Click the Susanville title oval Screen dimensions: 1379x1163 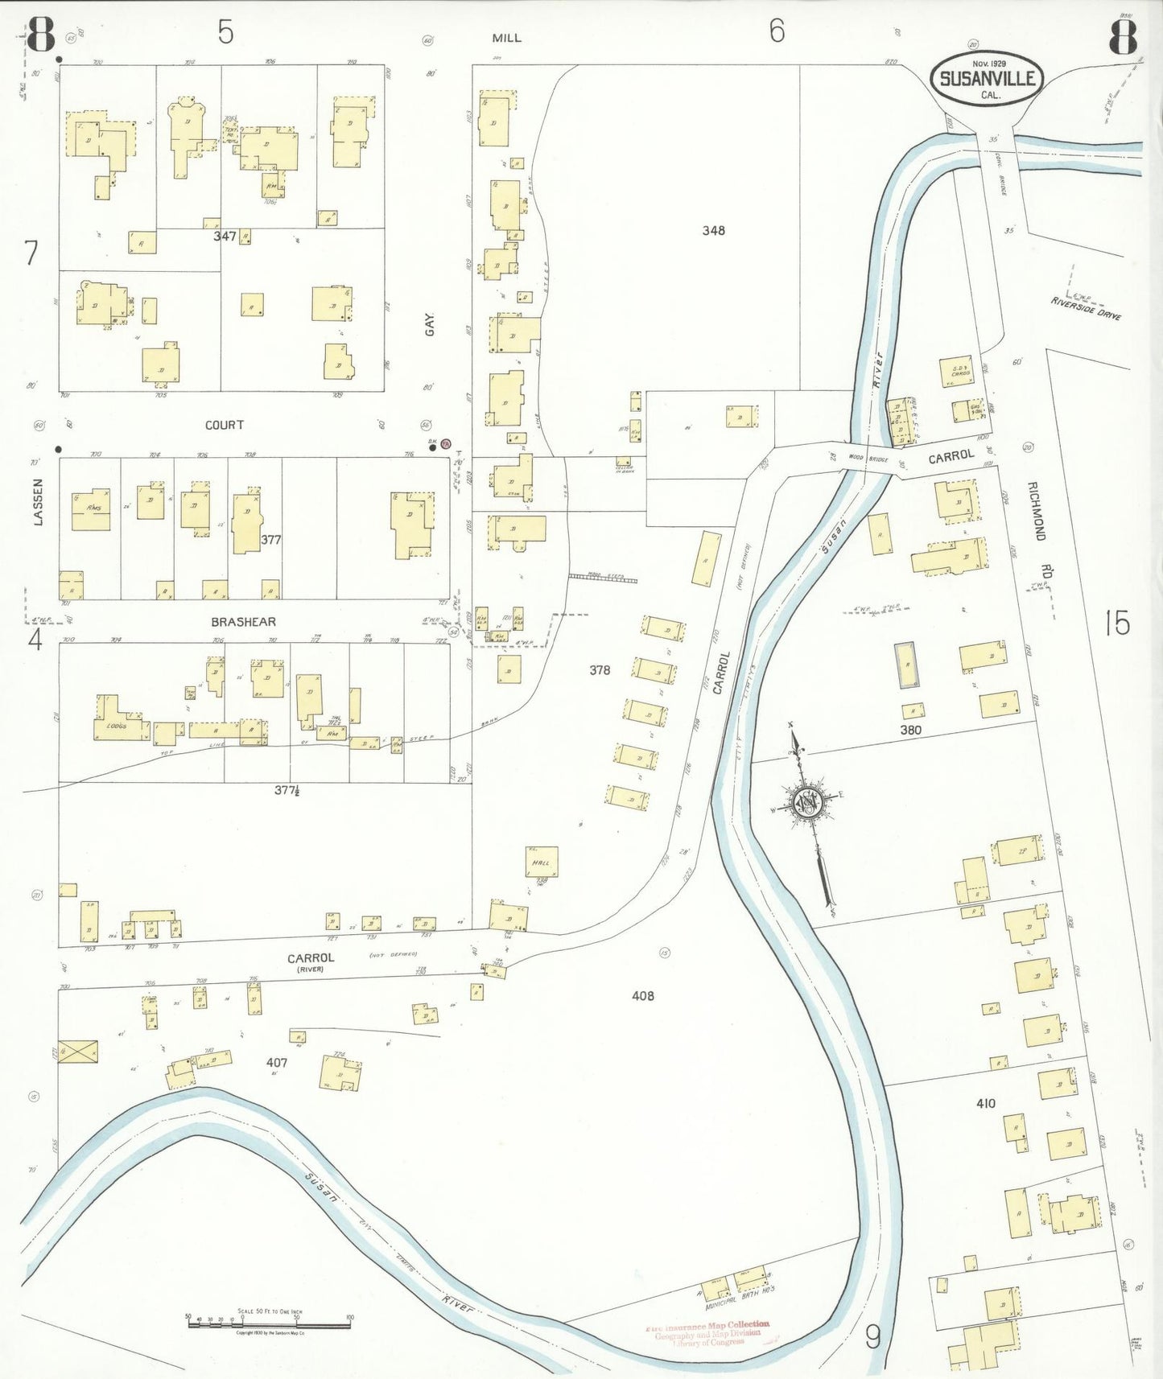(987, 79)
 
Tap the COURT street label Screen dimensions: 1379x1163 (224, 425)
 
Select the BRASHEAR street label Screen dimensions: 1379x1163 (243, 622)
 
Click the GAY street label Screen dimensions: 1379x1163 (430, 325)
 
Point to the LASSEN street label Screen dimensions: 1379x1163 (37, 502)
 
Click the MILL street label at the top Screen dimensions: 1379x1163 (506, 38)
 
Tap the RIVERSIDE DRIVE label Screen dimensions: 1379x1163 (1086, 308)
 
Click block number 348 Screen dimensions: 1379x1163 (713, 231)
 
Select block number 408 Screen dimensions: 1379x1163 (642, 996)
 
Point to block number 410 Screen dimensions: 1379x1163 (985, 1103)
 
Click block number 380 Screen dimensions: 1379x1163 (910, 730)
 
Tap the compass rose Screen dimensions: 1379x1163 (806, 803)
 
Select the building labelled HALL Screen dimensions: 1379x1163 (542, 862)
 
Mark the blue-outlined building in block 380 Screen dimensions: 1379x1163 (907, 665)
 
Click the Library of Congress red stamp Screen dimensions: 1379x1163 (708, 1333)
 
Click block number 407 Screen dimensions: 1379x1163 (277, 1063)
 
